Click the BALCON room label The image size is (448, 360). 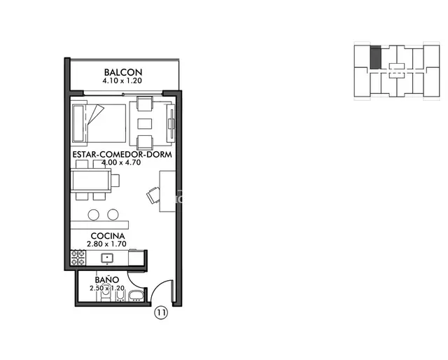(x=123, y=72)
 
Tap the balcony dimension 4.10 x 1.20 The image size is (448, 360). (x=122, y=81)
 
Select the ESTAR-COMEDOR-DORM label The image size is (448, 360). (x=122, y=154)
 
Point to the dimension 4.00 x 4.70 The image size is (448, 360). (x=121, y=162)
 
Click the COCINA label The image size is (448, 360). (x=108, y=236)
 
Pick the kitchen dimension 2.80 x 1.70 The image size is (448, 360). (x=106, y=244)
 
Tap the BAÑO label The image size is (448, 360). (x=107, y=279)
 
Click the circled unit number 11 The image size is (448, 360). (x=161, y=312)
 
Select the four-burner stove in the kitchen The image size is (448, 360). (x=78, y=258)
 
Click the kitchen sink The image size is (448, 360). (x=107, y=258)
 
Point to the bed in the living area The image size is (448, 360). (x=99, y=123)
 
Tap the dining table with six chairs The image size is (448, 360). (x=91, y=181)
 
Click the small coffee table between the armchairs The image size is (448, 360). (x=145, y=123)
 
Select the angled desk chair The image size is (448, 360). (x=153, y=195)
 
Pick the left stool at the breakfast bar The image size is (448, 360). (x=93, y=214)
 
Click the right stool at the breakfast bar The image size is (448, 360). (x=113, y=214)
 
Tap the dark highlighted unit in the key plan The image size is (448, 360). (x=375, y=57)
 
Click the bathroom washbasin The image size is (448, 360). (x=136, y=296)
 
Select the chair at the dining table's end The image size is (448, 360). (x=115, y=181)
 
